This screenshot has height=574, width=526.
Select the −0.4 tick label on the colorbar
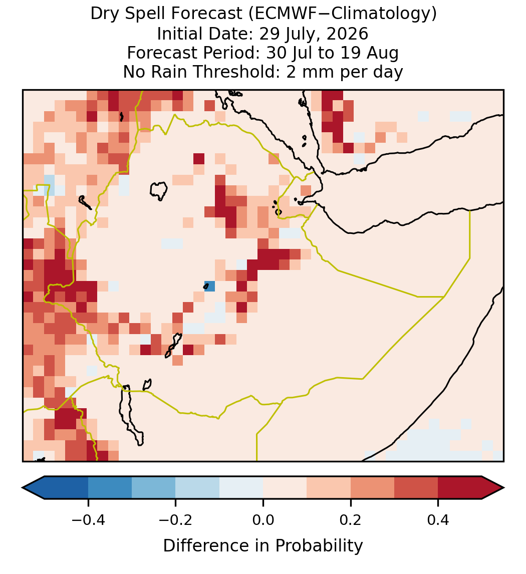pyautogui.click(x=88, y=519)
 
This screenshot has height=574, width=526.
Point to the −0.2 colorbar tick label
pyautogui.click(x=176, y=519)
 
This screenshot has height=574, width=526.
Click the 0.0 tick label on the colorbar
pyautogui.click(x=263, y=519)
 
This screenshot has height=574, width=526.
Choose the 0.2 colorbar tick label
pyautogui.click(x=351, y=519)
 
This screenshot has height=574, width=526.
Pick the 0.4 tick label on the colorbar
pyautogui.click(x=438, y=519)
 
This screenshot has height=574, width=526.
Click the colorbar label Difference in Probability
pyautogui.click(x=263, y=545)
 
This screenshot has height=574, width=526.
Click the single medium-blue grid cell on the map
pyautogui.click(x=209, y=286)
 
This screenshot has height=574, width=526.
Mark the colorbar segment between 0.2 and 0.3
pyautogui.click(x=372, y=488)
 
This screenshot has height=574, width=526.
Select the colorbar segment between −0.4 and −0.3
pyautogui.click(x=110, y=488)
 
